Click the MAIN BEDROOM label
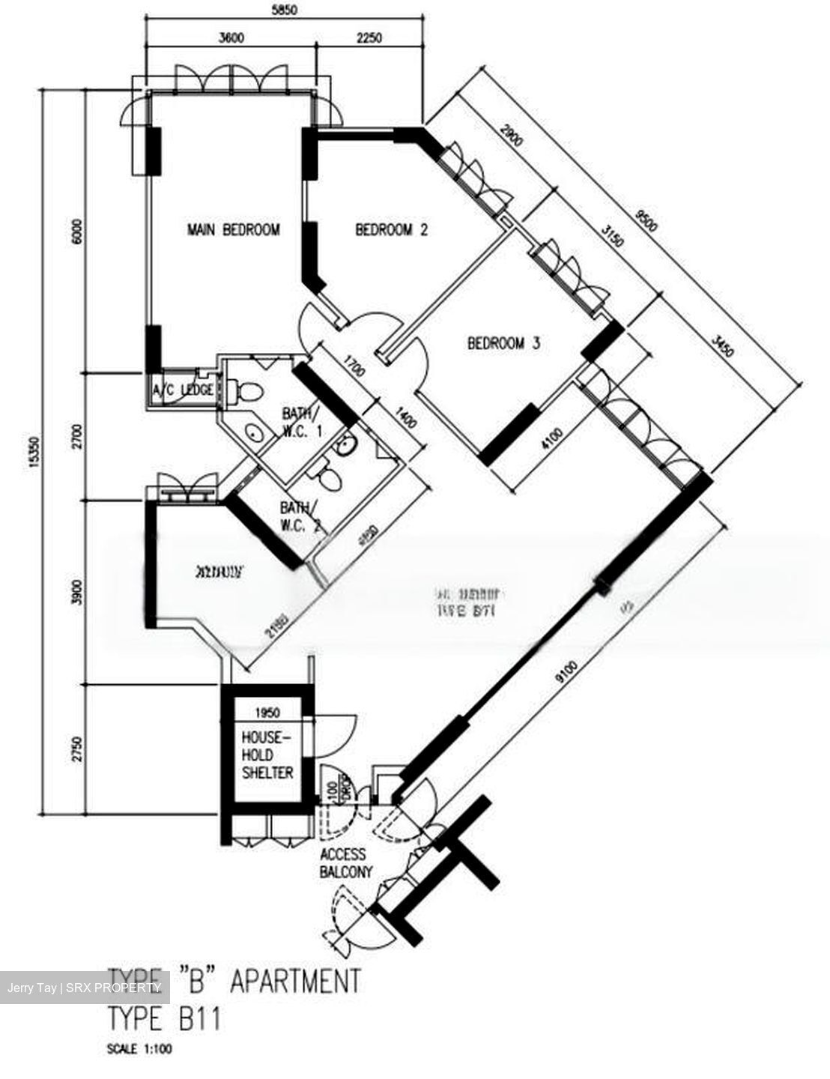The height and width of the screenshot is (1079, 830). point(233,229)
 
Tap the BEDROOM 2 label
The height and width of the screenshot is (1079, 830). point(391,229)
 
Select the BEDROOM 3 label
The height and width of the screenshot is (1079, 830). point(503,344)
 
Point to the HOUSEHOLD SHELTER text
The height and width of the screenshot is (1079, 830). point(267,754)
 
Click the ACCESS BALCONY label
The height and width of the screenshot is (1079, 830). point(343,862)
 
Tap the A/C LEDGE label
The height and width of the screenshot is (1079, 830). point(183,390)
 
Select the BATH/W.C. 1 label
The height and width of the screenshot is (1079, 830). point(301,421)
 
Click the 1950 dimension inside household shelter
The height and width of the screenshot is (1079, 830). point(267,712)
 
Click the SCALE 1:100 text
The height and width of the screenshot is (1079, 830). point(140,1050)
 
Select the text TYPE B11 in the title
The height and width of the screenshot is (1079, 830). point(164,1019)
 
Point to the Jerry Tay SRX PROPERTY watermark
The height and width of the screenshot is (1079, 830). point(84,988)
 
